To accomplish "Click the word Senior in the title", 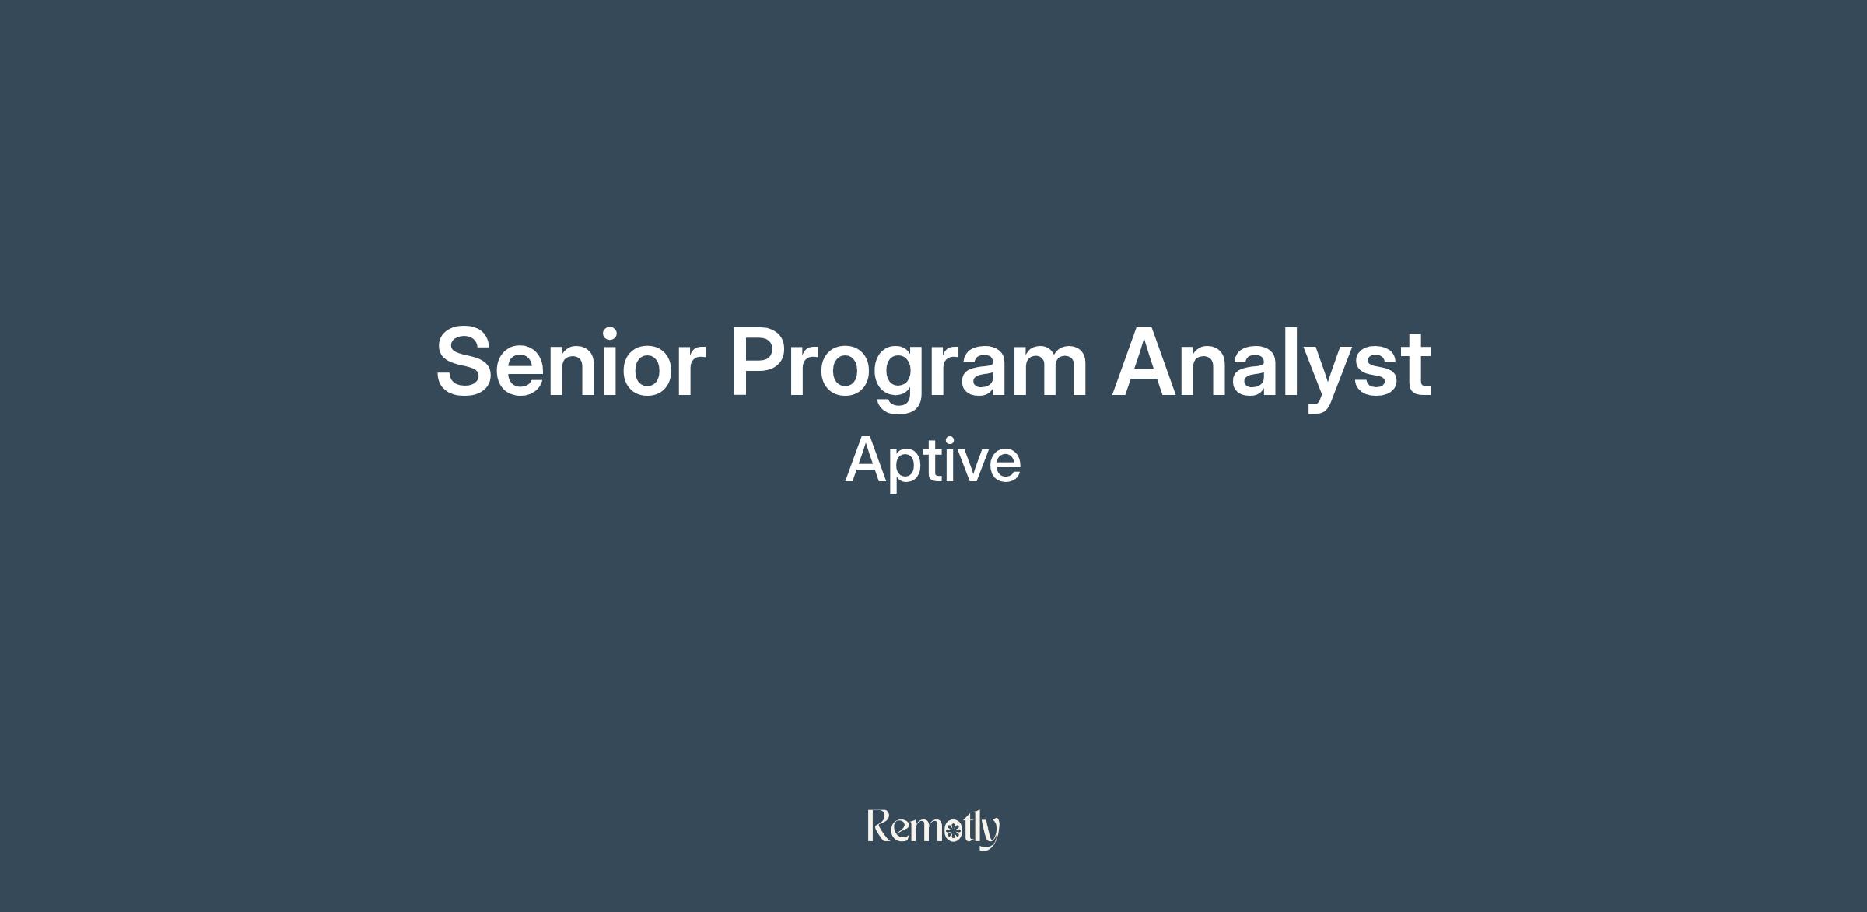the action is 570,362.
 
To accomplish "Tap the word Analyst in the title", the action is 1272,366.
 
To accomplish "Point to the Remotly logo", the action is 933,830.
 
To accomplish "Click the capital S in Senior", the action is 467,362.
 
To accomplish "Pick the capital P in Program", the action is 758,362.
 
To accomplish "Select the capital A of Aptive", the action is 868,460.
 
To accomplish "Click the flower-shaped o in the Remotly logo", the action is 951,833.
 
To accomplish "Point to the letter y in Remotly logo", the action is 990,835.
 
